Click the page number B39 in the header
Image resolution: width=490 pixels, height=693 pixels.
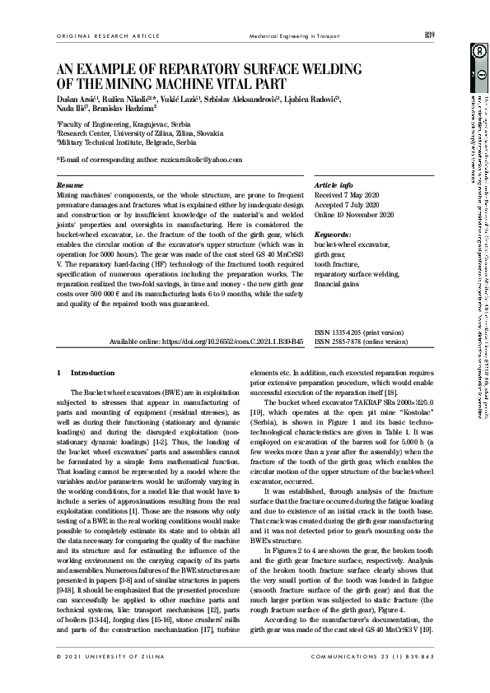(429, 35)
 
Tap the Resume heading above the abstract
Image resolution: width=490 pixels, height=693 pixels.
(69, 186)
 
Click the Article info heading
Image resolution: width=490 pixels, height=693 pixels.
(334, 186)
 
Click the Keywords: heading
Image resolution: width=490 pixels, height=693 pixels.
(334, 235)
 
